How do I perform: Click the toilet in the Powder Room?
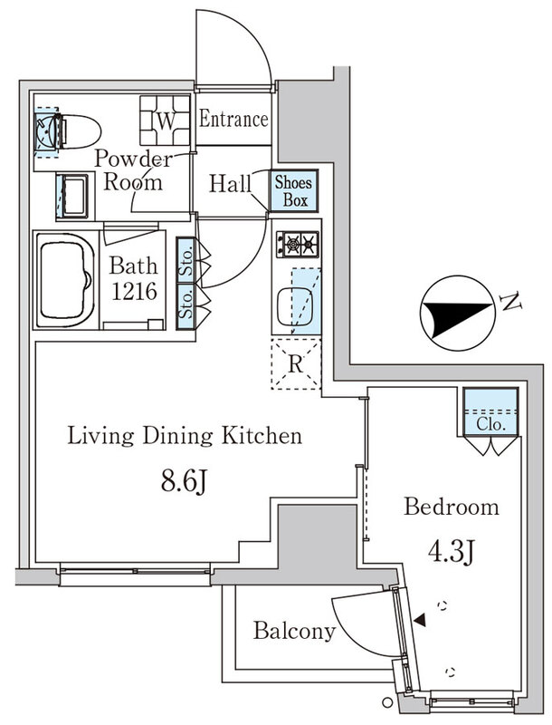pos(77,131)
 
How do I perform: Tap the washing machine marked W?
pos(166,121)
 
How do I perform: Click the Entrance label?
pos(233,120)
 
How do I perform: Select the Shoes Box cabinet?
pos(294,191)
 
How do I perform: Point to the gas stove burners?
pos(298,244)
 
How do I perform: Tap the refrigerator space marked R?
pos(296,364)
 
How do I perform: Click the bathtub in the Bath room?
pos(65,281)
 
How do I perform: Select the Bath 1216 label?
pos(134,279)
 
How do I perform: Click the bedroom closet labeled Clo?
pos(490,411)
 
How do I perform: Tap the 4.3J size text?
pos(452,551)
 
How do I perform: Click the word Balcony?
pos(294,631)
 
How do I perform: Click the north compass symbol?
pos(456,314)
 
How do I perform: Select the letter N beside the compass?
pos(511,302)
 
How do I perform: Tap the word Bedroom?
pos(452,507)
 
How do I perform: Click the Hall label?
pos(230,184)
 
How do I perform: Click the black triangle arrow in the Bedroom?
pos(420,621)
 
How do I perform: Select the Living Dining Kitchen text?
pos(185,436)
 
